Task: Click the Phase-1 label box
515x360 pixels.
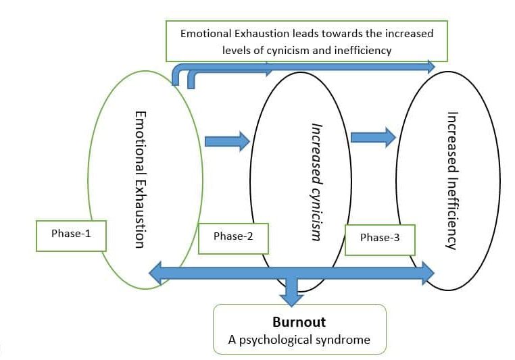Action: [71, 234]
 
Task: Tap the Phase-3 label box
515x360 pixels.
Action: [380, 238]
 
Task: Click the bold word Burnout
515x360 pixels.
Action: [299, 322]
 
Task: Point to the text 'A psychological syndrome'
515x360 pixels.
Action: [299, 340]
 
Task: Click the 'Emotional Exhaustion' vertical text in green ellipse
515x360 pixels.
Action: [139, 180]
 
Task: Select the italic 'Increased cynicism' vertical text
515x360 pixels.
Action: [315, 182]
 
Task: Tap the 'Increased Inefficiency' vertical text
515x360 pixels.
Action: [452, 180]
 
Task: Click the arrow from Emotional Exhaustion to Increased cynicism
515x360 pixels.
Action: [227, 141]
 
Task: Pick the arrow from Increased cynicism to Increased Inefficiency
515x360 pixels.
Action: [373, 136]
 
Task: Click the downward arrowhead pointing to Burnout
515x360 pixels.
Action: [292, 297]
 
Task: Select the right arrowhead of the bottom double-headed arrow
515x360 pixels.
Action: [427, 273]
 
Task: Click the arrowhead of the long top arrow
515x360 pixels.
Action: [430, 66]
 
